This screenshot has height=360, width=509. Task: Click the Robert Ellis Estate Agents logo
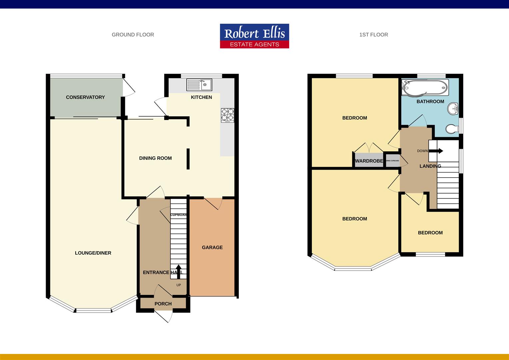pyautogui.click(x=254, y=36)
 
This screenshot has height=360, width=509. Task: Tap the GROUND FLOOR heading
pyautogui.click(x=133, y=35)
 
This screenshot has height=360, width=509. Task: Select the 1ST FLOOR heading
pyautogui.click(x=373, y=35)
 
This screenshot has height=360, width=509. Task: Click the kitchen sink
pyautogui.click(x=199, y=85)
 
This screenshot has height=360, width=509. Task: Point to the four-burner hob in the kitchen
pyautogui.click(x=228, y=115)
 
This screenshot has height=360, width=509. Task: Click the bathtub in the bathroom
pyautogui.click(x=424, y=87)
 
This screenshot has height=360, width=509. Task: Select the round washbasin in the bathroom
pyautogui.click(x=453, y=108)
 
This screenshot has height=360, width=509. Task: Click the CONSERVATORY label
pyautogui.click(x=85, y=97)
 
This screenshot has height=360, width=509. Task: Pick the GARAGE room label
pyautogui.click(x=212, y=247)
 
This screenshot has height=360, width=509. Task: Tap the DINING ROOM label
pyautogui.click(x=155, y=158)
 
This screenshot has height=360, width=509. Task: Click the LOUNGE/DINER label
pyautogui.click(x=93, y=253)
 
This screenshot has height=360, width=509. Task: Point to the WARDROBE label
pyautogui.click(x=369, y=161)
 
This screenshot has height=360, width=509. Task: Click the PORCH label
pyautogui.click(x=163, y=304)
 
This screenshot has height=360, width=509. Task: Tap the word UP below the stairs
pyautogui.click(x=179, y=285)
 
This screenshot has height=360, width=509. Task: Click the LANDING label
pyautogui.click(x=430, y=166)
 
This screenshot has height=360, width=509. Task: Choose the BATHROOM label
pyautogui.click(x=430, y=102)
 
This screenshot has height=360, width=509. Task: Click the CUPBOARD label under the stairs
pyautogui.click(x=179, y=215)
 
